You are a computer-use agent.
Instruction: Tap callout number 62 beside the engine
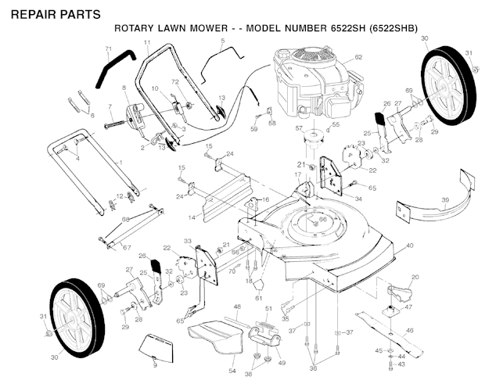pyautogui.click(x=358, y=57)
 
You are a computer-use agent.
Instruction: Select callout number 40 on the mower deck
pyautogui.click(x=409, y=245)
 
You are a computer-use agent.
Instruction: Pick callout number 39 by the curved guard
pyautogui.click(x=445, y=200)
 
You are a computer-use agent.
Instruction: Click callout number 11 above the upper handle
pyautogui.click(x=147, y=41)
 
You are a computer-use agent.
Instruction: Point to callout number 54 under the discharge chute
pyautogui.click(x=232, y=369)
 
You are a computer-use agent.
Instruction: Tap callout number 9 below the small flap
pyautogui.click(x=155, y=365)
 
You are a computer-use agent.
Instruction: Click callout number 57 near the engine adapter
pyautogui.click(x=298, y=127)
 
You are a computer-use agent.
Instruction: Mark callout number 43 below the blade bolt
pyautogui.click(x=403, y=364)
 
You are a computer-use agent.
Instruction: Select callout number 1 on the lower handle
pyautogui.click(x=119, y=161)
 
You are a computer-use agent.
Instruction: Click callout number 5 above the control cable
pyautogui.click(x=222, y=40)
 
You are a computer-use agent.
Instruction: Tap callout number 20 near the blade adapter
pyautogui.click(x=415, y=278)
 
